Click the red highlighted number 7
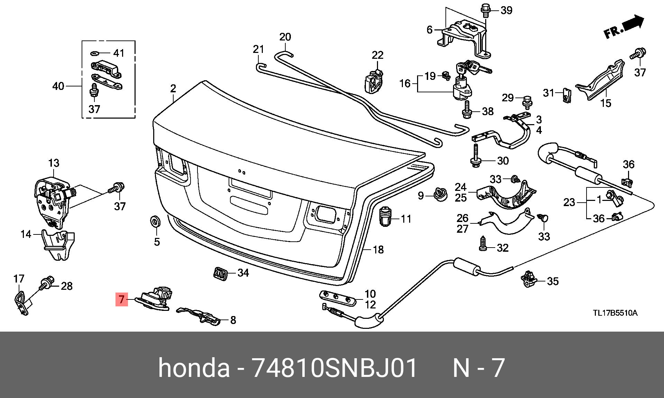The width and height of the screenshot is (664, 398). coord(121,299)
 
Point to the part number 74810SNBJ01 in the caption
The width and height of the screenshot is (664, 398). coord(335,368)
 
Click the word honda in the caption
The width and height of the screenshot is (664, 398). coord(194,368)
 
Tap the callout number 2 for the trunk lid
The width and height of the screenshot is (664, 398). coord(173,89)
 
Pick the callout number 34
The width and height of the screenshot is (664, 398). coord(243,273)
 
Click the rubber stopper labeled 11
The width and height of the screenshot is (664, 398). coord(385,216)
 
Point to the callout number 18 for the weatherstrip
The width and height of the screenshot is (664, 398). coord(378,249)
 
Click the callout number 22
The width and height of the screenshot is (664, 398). coord(378,55)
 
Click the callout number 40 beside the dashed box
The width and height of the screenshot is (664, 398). coord(58,86)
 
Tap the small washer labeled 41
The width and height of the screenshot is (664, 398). coord(95,54)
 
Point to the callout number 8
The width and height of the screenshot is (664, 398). coord(233,320)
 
